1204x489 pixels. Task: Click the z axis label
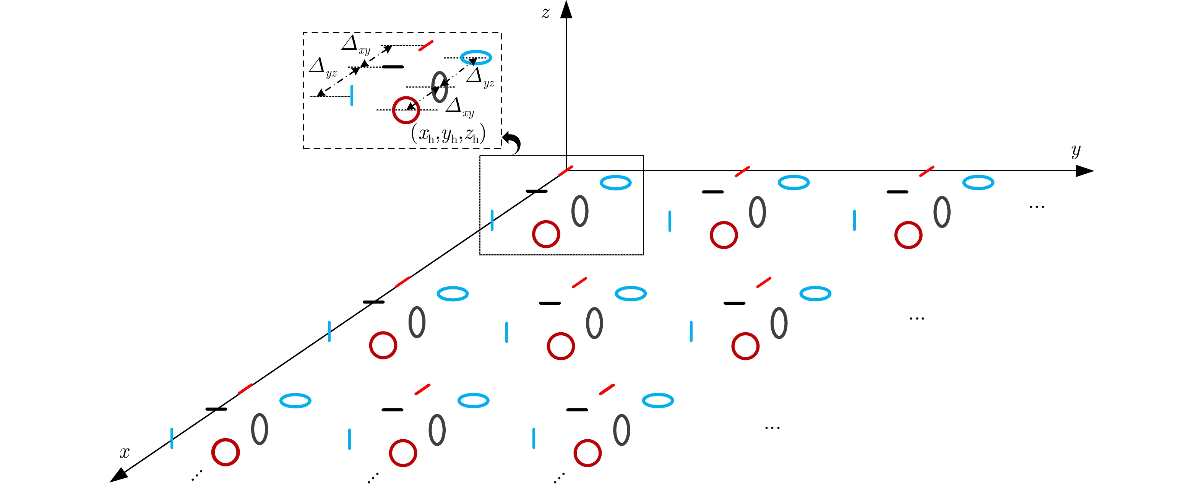pos(545,13)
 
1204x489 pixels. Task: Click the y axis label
pos(1076,151)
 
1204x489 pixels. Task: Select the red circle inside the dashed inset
pos(406,110)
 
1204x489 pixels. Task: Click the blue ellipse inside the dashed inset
pos(476,57)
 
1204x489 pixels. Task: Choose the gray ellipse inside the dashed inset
pos(439,87)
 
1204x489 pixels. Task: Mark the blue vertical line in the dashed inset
pos(352,95)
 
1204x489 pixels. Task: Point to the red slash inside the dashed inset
pos(425,46)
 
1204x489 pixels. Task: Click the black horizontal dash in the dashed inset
pos(393,67)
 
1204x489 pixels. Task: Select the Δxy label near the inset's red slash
pos(355,45)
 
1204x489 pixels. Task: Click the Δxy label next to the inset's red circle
pos(459,107)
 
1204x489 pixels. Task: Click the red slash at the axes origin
pos(566,171)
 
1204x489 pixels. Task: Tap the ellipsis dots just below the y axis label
pos(1037,206)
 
